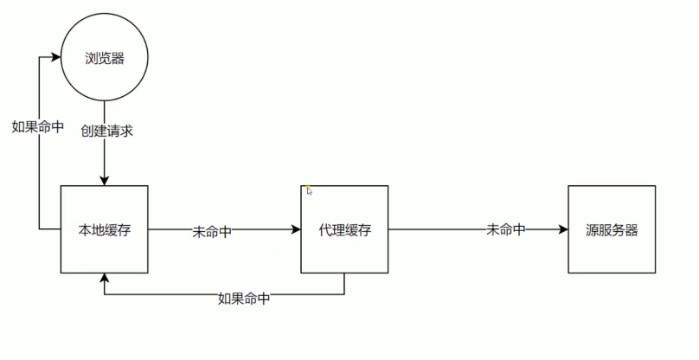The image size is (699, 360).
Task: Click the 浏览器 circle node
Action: point(104,58)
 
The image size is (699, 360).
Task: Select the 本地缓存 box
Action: point(104,229)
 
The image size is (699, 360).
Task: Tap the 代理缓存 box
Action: point(345,229)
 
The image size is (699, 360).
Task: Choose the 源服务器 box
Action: point(611,229)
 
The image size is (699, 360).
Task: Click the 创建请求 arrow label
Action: point(106,132)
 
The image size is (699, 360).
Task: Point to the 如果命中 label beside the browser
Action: point(37,126)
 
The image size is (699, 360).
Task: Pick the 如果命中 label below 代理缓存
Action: point(243,299)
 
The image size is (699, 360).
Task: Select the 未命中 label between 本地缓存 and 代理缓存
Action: point(212,232)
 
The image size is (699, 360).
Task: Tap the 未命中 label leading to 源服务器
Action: point(506,230)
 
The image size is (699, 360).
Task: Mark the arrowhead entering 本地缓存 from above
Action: point(104,180)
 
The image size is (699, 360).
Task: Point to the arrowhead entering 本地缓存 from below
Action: point(104,278)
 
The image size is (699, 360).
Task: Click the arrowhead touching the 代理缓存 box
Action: point(297,229)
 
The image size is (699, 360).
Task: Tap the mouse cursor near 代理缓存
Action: point(308,190)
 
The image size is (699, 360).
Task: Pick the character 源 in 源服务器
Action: point(592,230)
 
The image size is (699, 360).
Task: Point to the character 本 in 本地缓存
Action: point(85,230)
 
